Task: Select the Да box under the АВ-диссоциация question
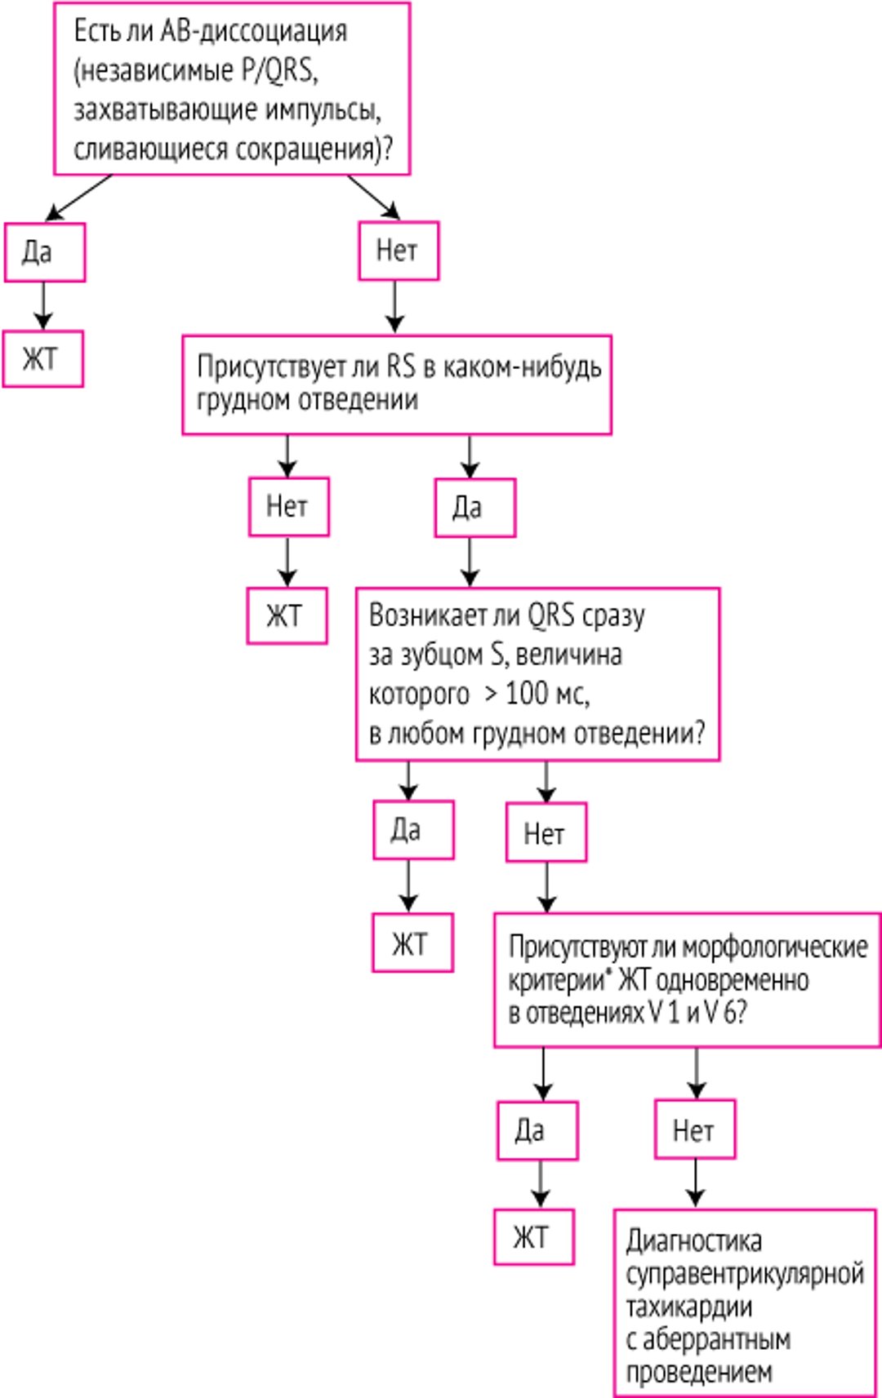coord(45,252)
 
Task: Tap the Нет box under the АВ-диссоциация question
coord(399,251)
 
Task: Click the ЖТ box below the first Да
coord(42,358)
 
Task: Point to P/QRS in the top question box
coord(278,71)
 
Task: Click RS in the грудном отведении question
coord(400,366)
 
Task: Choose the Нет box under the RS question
coord(288,507)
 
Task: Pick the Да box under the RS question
coord(474,508)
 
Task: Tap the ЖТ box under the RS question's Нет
coord(287,615)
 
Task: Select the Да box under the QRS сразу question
coord(413,830)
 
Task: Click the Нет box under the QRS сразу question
coord(546,833)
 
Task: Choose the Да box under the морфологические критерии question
coord(537,1131)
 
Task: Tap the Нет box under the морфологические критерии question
coord(694,1130)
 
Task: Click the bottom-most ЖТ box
coord(533,1237)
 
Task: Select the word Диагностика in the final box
coord(693,1241)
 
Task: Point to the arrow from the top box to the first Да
coord(78,197)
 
